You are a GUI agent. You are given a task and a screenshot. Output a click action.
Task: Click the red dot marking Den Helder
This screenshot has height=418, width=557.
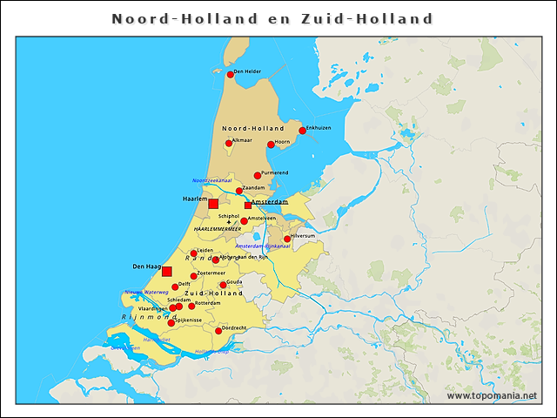tap(231, 75)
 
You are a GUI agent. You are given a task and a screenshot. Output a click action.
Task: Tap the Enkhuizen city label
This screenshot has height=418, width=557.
tap(319, 128)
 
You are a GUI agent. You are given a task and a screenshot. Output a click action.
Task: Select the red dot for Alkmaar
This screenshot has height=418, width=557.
tap(229, 144)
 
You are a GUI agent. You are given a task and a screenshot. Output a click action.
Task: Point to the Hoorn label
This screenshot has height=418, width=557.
tap(282, 141)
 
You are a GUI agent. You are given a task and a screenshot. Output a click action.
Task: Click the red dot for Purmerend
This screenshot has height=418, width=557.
tap(258, 176)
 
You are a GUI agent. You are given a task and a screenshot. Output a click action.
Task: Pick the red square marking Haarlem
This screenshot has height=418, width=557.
tap(213, 204)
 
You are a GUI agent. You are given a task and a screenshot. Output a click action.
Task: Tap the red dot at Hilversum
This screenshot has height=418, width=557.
tap(287, 239)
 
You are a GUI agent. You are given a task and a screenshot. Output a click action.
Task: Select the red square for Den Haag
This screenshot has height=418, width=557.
tap(167, 272)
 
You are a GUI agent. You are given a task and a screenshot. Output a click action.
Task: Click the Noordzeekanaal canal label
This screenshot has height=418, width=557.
tap(211, 180)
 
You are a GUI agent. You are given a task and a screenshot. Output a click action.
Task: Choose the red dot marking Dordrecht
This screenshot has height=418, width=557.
tap(218, 331)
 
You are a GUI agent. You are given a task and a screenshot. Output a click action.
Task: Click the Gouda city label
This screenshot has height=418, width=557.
tap(234, 281)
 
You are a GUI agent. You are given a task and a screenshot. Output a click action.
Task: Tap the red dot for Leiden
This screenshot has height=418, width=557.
tap(194, 254)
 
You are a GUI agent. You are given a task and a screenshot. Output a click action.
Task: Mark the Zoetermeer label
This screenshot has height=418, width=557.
tap(211, 273)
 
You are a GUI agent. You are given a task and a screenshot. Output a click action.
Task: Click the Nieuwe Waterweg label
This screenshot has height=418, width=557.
tap(146, 293)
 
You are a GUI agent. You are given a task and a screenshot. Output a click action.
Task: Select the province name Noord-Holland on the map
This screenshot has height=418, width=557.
tap(253, 128)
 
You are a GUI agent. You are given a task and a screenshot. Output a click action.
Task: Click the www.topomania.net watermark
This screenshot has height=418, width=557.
tap(492, 396)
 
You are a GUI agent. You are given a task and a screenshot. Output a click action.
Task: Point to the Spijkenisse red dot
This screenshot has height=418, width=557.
tap(171, 323)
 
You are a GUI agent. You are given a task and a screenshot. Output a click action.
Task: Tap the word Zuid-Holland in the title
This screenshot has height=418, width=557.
tap(384, 18)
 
